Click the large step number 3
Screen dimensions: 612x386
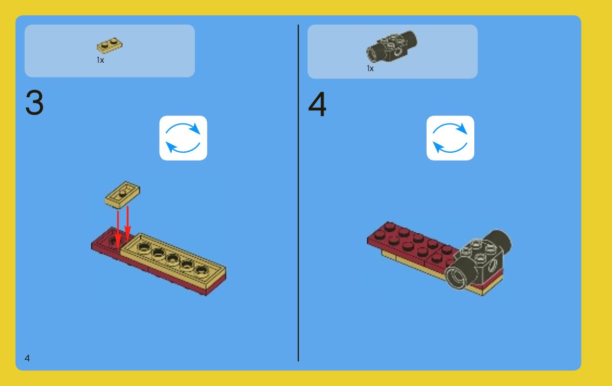35,102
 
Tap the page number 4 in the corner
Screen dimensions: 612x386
27,358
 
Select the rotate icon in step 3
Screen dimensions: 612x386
183,138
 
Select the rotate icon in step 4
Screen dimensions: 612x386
450,138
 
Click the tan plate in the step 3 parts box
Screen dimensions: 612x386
109,46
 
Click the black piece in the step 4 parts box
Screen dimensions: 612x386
392,46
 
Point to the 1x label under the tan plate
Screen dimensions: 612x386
101,60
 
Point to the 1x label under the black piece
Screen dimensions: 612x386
370,68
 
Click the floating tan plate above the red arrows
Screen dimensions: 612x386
122,194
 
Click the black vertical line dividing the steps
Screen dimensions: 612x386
298,193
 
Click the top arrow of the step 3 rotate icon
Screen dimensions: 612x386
183,126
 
